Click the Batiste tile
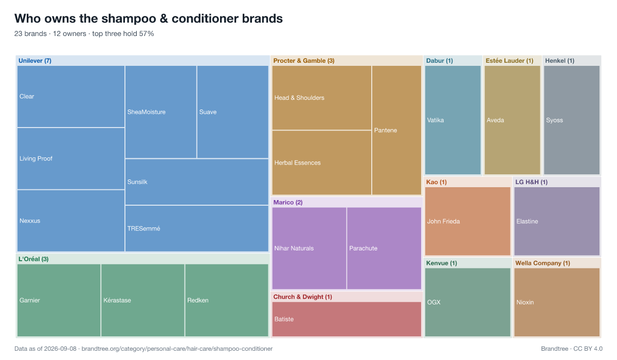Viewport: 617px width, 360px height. [347, 319]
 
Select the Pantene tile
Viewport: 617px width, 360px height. [396, 130]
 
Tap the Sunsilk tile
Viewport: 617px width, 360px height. [196, 182]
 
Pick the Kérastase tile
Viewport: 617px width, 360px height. [143, 300]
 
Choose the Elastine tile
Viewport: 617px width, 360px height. [557, 221]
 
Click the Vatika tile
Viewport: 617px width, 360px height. [453, 120]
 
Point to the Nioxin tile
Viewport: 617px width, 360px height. [557, 302]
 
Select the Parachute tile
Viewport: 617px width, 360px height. [384, 248]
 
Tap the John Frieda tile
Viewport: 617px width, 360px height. [468, 221]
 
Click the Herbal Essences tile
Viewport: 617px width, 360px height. [322, 163]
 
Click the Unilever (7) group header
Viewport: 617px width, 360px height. [35, 61]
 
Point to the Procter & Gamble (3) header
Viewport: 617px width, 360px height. [304, 61]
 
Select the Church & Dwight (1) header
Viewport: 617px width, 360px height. [303, 297]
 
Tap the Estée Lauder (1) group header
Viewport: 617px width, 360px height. [510, 61]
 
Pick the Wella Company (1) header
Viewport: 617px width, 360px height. [542, 263]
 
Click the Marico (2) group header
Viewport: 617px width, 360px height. [288, 203]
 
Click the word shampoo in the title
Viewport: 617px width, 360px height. [118, 19]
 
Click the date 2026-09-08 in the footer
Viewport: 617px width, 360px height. [60, 349]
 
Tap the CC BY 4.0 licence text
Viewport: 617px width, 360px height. [588, 349]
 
